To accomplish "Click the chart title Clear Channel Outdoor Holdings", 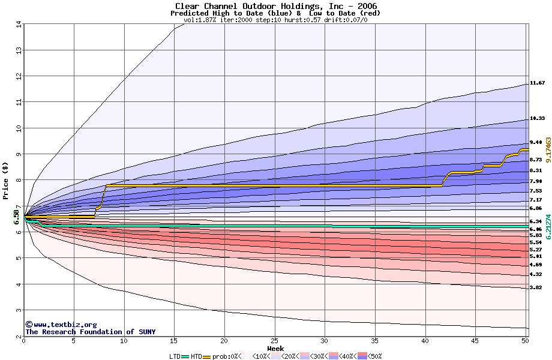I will (275, 6).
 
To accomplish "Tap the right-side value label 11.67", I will (537, 83).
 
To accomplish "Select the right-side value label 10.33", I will (537, 119).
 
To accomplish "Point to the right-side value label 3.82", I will (536, 288).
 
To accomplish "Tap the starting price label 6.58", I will (17, 217).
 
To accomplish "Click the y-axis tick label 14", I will (18, 24).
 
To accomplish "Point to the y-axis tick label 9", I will (18, 154).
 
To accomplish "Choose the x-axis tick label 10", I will (124, 341).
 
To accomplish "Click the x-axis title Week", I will (275, 348).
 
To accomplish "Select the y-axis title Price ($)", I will (6, 181).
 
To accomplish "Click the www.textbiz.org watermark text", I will (61, 325).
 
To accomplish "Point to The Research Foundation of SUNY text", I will (90, 332).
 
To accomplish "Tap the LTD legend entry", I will (175, 356).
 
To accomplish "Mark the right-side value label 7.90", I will (536, 181).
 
